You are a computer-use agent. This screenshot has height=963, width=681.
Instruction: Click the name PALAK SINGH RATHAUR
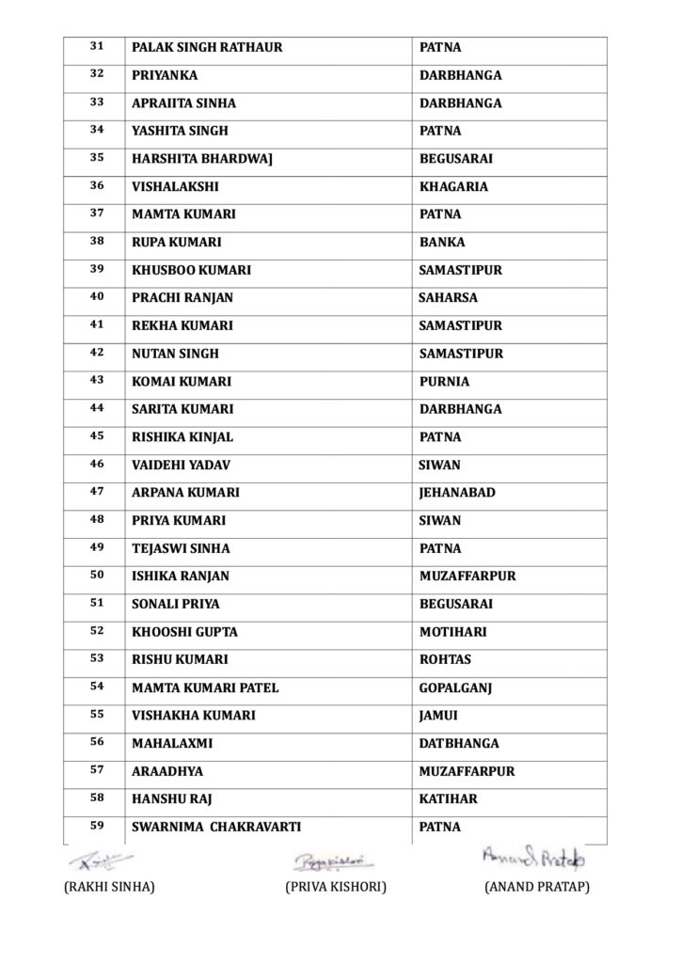click(x=207, y=47)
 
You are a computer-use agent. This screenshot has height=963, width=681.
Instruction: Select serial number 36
click(x=97, y=185)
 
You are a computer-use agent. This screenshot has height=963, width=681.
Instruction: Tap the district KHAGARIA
click(x=453, y=186)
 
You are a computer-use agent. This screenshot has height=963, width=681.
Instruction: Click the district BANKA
click(x=442, y=242)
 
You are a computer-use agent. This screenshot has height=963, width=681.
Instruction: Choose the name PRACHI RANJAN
click(x=182, y=298)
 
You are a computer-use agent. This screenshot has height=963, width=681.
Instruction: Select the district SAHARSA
click(x=448, y=298)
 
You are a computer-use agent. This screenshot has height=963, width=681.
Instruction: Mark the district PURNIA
click(x=444, y=382)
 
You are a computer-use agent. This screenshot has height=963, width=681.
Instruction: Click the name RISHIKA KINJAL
click(x=182, y=437)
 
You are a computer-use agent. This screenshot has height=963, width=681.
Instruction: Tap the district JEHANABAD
click(x=457, y=493)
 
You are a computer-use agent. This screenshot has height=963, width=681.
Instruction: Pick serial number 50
click(x=97, y=575)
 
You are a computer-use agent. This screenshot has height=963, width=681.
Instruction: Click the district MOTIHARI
click(x=452, y=632)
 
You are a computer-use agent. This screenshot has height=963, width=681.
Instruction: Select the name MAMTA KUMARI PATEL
click(x=205, y=687)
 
